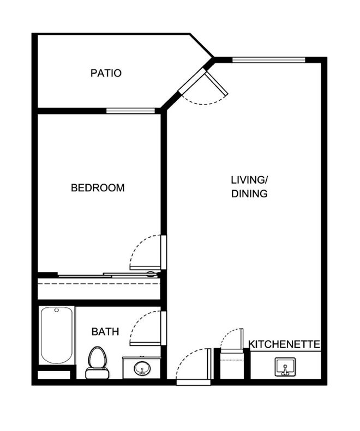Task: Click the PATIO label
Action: [106, 73]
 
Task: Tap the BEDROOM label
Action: [98, 188]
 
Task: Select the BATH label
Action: [105, 332]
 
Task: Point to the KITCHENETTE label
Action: [285, 344]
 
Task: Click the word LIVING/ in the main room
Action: [249, 180]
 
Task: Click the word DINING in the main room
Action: [249, 194]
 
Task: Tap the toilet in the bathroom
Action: [97, 362]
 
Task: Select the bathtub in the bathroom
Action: [57, 335]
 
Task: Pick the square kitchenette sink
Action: [285, 367]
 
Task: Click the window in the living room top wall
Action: [269, 59]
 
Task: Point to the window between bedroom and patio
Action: [131, 111]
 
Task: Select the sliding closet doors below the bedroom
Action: [109, 275]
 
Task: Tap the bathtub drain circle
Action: [57, 310]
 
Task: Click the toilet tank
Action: [97, 373]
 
